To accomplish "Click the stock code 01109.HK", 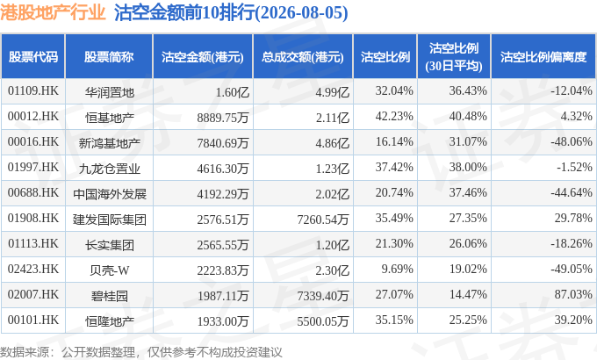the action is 33,91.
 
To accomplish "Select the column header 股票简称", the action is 109,57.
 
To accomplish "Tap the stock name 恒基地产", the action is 109,118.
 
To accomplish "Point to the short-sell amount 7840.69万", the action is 223,143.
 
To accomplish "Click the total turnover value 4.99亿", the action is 333,92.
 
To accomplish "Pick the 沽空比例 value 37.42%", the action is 394,167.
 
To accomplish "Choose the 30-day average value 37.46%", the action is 468,192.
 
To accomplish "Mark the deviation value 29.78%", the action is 573,218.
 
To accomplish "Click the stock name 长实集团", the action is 109,245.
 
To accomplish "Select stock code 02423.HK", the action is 33,269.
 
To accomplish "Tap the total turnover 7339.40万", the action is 323,296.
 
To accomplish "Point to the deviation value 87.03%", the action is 573,294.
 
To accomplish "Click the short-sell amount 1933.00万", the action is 223,321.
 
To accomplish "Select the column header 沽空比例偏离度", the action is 543,57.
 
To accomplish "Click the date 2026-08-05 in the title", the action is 302,12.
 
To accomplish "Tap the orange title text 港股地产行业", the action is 53,12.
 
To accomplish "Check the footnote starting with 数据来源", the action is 141,352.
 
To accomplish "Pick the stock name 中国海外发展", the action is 110,194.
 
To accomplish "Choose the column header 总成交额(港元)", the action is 303,57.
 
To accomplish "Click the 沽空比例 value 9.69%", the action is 397,269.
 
